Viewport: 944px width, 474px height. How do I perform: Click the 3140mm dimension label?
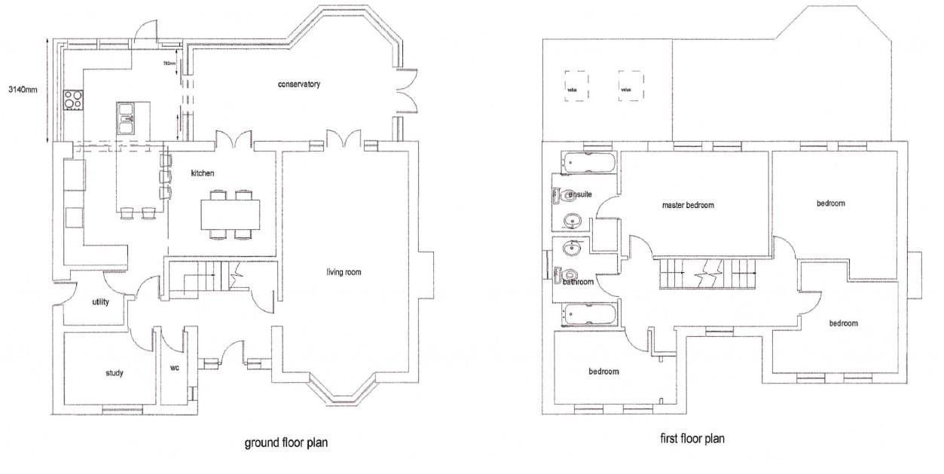click(x=23, y=89)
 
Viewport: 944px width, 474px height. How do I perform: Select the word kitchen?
click(x=202, y=173)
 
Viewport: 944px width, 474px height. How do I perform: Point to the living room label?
click(x=345, y=272)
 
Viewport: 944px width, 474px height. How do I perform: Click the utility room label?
click(x=100, y=302)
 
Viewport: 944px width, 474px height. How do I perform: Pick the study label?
click(x=113, y=373)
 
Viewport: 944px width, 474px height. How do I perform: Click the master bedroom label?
click(x=687, y=205)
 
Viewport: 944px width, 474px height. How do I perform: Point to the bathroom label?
click(x=578, y=282)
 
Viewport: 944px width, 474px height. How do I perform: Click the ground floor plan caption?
click(x=286, y=442)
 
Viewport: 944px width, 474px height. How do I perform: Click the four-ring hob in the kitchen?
click(x=73, y=99)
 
